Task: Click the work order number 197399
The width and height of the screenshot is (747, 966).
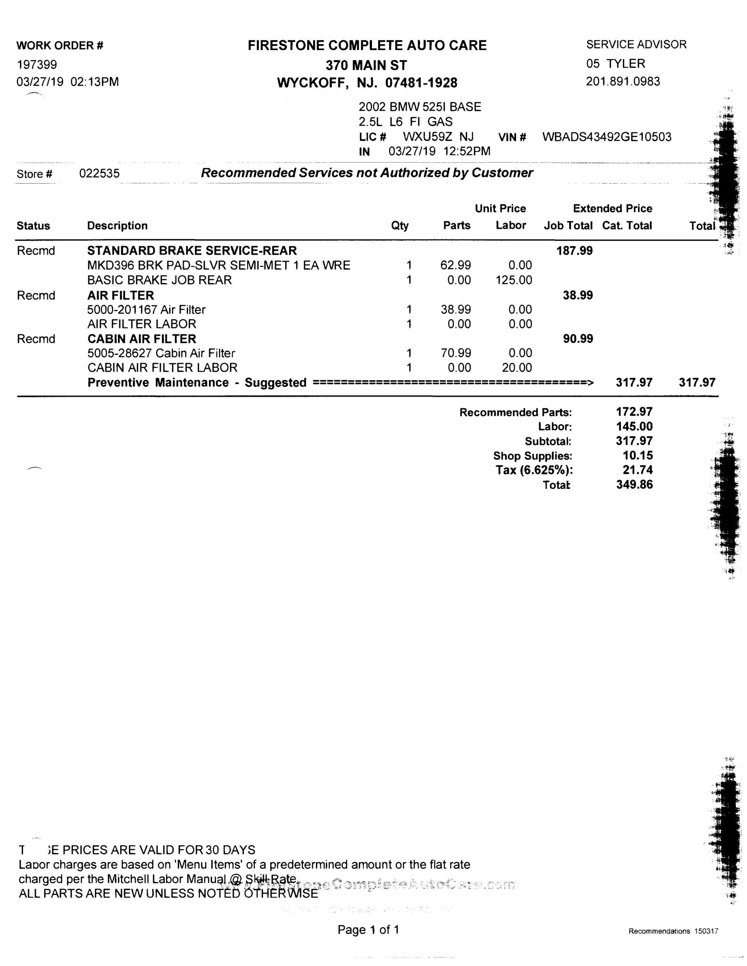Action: tap(37, 65)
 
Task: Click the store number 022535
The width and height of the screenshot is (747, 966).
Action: tap(99, 173)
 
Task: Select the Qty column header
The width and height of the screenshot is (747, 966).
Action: tap(400, 226)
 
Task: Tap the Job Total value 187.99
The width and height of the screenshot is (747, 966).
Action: tap(574, 251)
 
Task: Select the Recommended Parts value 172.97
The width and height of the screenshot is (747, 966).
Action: tap(634, 412)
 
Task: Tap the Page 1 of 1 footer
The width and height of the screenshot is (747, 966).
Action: tap(368, 930)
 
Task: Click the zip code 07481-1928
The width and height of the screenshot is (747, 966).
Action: tap(421, 83)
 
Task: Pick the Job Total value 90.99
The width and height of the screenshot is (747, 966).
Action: tap(577, 339)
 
